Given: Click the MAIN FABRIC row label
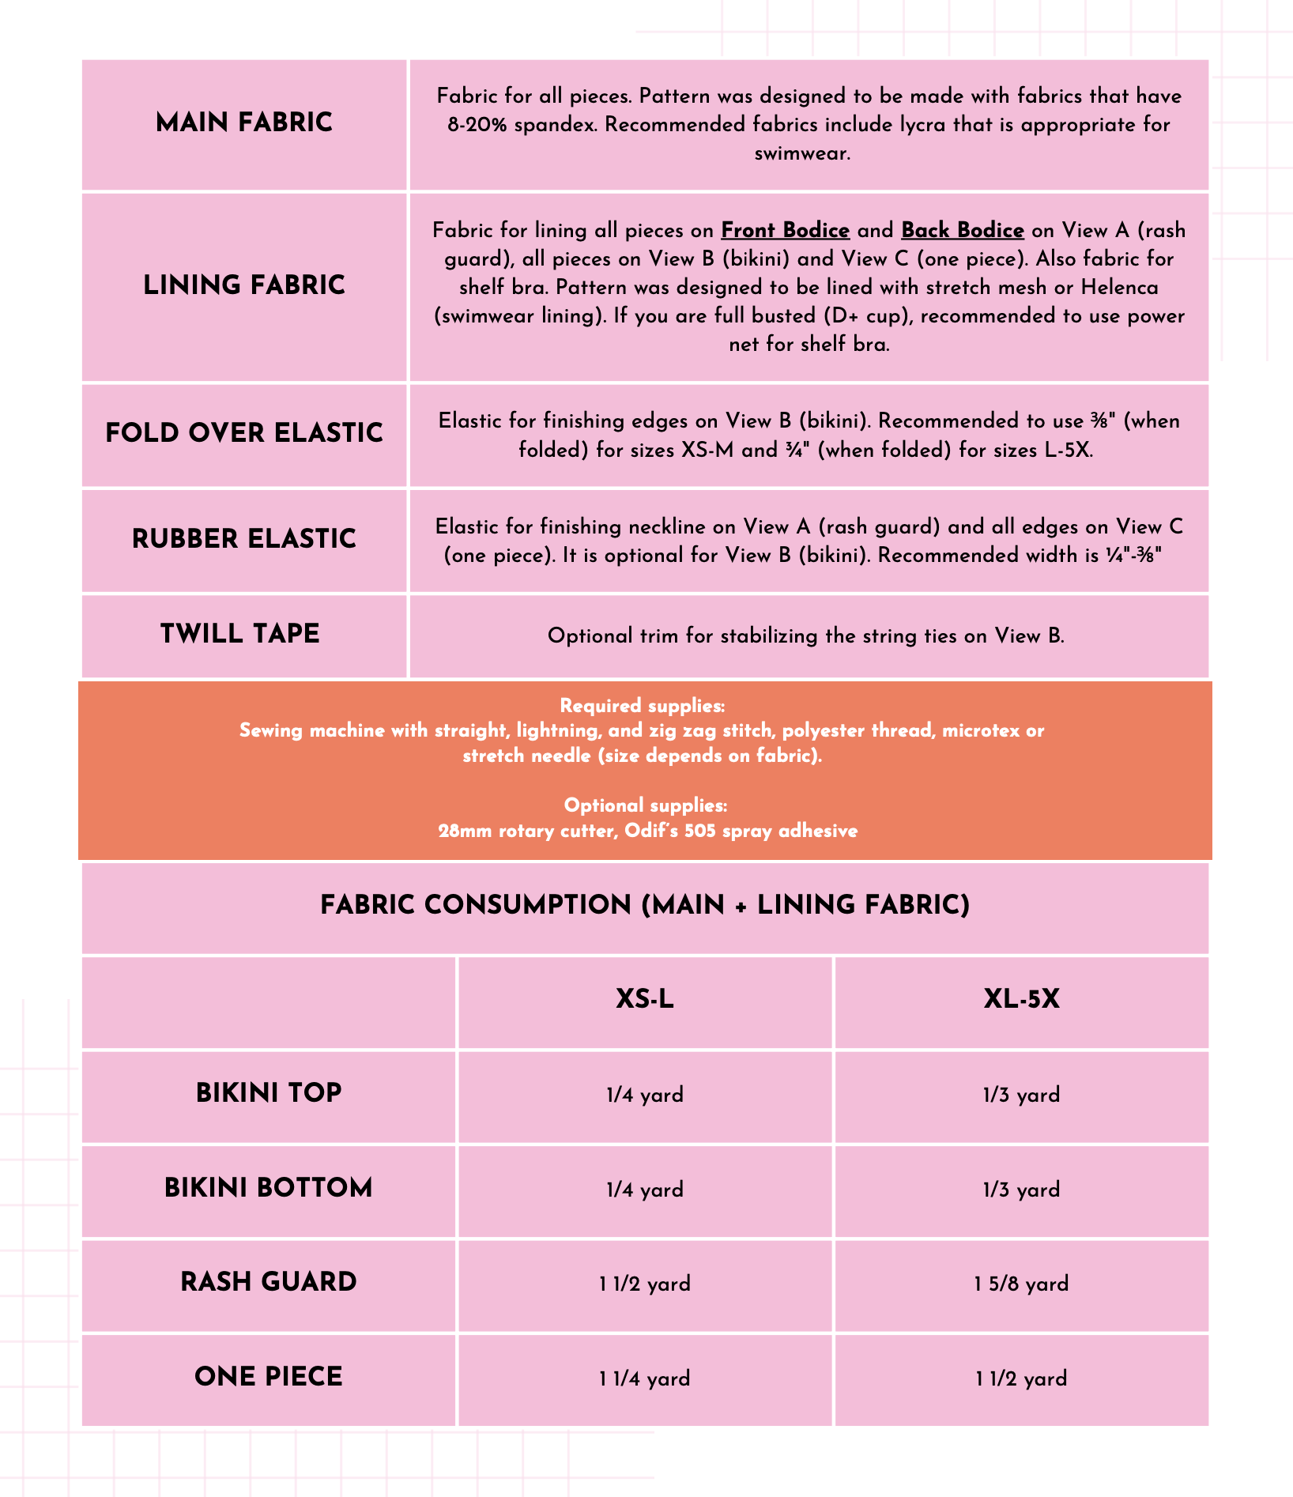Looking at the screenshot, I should pyautogui.click(x=244, y=123).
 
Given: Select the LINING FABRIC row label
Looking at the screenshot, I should pyautogui.click(x=244, y=285).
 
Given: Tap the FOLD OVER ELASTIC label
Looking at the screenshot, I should pyautogui.click(x=244, y=433).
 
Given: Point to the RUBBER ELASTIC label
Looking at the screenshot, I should pyautogui.click(x=244, y=539).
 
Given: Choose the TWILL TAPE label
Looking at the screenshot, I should pyautogui.click(x=240, y=634).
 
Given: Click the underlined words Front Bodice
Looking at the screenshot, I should pyautogui.click(x=785, y=231).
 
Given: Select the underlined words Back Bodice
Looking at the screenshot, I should pyautogui.click(x=962, y=231).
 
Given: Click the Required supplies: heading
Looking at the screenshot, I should pyautogui.click(x=642, y=706).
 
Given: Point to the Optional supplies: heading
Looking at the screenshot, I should pyautogui.click(x=645, y=805).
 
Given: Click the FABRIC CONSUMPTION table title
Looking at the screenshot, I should pyautogui.click(x=645, y=905).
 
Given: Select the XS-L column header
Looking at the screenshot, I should pyautogui.click(x=645, y=1000).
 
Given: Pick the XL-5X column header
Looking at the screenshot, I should pyautogui.click(x=1021, y=1000).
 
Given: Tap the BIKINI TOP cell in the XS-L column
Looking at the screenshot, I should pyautogui.click(x=645, y=1095).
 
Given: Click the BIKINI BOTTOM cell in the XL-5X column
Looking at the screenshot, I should pyautogui.click(x=1021, y=1190).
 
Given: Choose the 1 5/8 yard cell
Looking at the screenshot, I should pyautogui.click(x=1021, y=1284).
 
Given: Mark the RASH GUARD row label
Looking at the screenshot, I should pyautogui.click(x=269, y=1282).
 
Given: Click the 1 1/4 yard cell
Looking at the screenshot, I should pyautogui.click(x=645, y=1378).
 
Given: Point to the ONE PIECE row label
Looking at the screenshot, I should pyautogui.click(x=269, y=1377).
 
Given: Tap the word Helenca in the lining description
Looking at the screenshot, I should pyautogui.click(x=1119, y=288).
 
